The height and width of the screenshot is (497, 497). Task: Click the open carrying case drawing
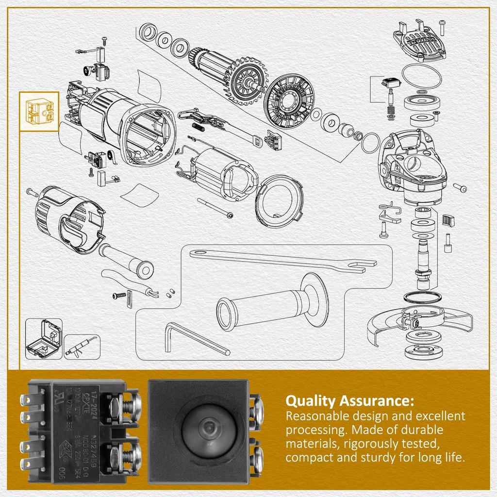(x=44, y=338)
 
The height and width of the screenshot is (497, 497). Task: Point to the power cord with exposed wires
(x=131, y=286)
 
